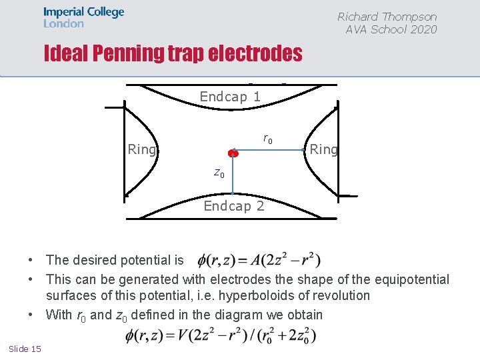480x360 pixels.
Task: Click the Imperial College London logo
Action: coord(83,17)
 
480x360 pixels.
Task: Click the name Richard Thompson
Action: coord(387,17)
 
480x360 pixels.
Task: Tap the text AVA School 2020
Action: coord(391,29)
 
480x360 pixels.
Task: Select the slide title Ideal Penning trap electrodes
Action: coord(173,53)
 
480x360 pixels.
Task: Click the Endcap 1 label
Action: coord(230,97)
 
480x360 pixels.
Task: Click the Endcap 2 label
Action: coord(233,206)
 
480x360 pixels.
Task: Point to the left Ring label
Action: coord(141,149)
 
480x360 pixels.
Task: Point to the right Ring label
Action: coord(323,149)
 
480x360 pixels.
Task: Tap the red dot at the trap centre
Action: coord(232,153)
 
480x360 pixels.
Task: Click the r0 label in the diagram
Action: coord(267,139)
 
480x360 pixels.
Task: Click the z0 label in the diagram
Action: coord(219,173)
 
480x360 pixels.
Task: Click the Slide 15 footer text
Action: coord(25,349)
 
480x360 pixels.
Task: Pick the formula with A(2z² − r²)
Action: coord(260,259)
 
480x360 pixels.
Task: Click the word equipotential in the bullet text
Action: coord(412,279)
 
